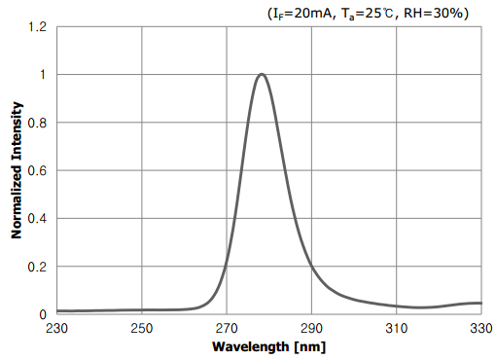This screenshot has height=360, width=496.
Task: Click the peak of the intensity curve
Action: point(262,74)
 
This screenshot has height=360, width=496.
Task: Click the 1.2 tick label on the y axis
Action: point(37,27)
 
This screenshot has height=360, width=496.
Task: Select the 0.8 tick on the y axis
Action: point(37,123)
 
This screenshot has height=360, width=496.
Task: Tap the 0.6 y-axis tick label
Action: point(37,170)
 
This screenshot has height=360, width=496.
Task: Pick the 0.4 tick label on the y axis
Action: point(37,219)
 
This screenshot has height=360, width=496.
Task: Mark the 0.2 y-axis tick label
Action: point(37,267)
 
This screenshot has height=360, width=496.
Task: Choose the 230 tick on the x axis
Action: point(57,329)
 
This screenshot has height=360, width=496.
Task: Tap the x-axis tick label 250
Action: point(142,329)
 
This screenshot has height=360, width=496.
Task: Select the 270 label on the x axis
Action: point(227,329)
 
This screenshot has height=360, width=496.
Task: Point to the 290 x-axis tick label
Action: point(312,329)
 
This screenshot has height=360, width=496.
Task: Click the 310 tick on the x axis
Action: point(397,329)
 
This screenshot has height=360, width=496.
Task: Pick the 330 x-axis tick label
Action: point(481,329)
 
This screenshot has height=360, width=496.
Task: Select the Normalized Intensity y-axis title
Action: point(17,171)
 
